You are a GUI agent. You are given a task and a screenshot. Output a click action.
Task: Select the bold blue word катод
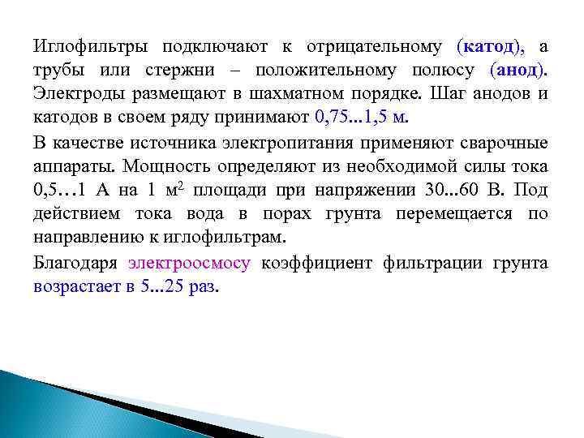(490, 47)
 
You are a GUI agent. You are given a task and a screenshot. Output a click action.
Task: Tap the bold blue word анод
(518, 71)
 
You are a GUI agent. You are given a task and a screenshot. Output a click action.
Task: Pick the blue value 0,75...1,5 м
(357, 118)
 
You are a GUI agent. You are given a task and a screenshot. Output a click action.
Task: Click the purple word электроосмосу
(190, 264)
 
